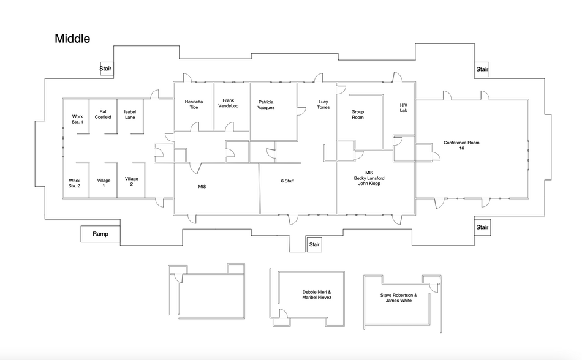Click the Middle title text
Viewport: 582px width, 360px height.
72,39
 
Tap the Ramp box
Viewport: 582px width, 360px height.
100,234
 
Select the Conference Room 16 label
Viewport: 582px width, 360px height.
461,146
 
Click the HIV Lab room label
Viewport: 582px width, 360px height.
404,108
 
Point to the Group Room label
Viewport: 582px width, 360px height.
358,114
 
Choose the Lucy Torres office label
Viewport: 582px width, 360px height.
323,104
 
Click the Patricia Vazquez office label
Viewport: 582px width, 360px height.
266,105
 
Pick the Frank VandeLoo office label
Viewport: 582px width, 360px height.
229,103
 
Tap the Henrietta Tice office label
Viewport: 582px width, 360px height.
194,104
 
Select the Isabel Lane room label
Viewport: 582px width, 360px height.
130,114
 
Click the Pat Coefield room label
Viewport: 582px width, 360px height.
103,114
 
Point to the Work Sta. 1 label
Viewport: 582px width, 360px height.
77,119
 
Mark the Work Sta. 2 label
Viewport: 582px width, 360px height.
75,183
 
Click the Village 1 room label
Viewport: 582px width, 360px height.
104,183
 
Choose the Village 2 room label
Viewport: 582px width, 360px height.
132,181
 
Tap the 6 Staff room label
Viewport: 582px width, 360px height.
288,181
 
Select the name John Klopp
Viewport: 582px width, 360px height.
368,184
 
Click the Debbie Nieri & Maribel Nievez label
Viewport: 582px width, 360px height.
317,294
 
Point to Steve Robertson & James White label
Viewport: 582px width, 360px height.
398,298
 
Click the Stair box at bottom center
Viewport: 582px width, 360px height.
314,244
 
